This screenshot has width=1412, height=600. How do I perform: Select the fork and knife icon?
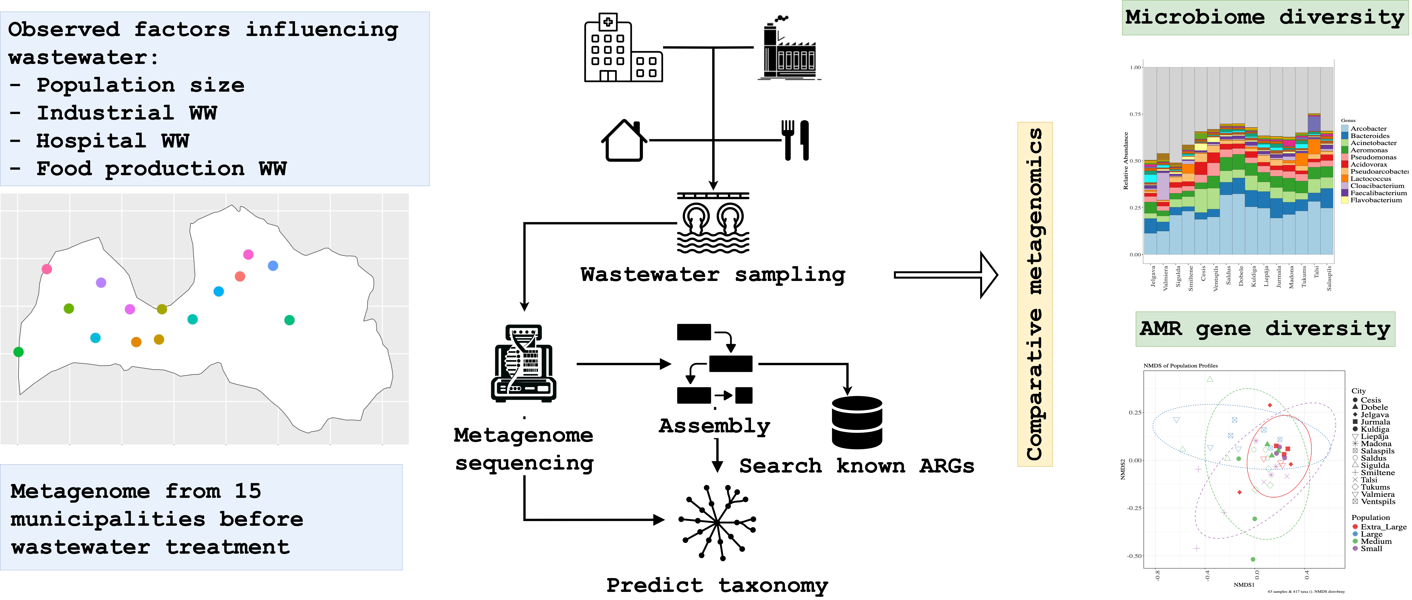pos(795,140)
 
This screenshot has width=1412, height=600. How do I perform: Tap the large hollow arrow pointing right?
pos(946,275)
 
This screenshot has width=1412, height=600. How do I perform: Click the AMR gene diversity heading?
pos(1265,329)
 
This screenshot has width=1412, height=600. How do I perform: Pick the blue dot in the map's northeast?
pos(273,266)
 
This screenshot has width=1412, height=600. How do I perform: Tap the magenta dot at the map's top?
pos(248,254)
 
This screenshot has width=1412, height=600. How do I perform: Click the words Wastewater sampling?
pos(713,275)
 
